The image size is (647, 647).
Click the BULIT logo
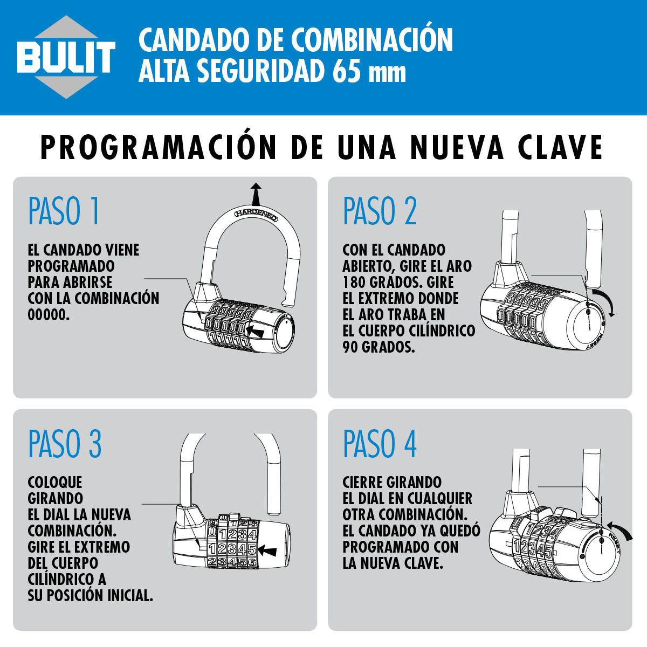66,57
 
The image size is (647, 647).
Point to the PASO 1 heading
64,211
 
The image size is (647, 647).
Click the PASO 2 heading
380,211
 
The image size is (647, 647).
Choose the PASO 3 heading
65,443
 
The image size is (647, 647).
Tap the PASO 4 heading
380,443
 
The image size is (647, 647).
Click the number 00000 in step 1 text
49,315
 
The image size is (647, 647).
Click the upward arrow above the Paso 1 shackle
256,194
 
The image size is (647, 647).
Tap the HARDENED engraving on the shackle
256,215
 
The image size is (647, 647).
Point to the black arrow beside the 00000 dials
254,332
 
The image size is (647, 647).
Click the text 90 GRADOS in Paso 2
378,347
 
